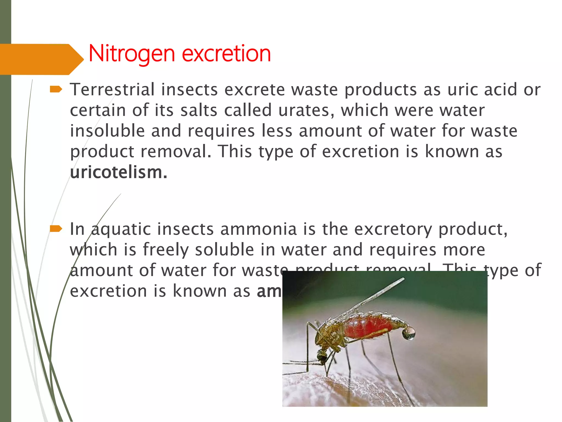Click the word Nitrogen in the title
click(132, 54)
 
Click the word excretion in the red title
click(226, 54)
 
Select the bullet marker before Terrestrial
click(56, 89)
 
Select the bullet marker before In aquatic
click(56, 229)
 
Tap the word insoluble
click(107, 131)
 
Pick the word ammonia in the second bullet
click(258, 229)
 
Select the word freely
click(165, 250)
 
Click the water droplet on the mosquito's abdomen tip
click(409, 333)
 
